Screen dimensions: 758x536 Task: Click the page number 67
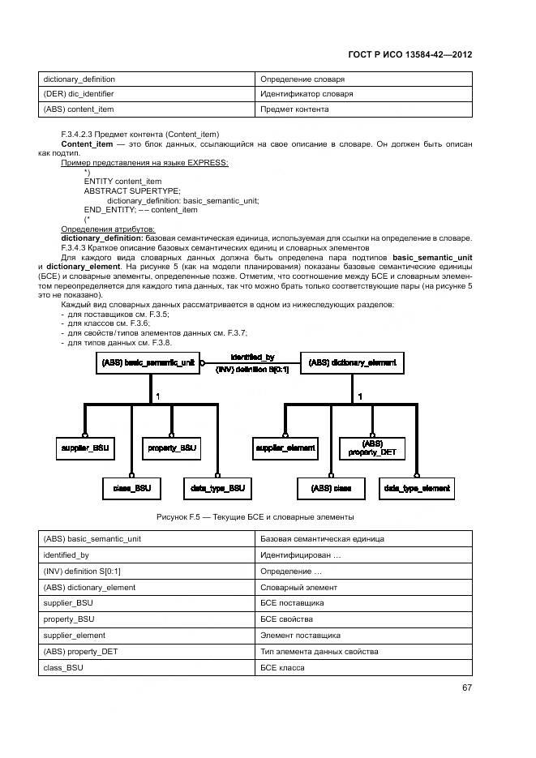(466, 688)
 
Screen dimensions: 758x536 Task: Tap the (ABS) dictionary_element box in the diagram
(352, 363)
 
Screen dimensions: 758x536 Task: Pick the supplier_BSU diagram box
(85, 448)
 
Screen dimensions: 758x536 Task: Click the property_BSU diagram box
(172, 448)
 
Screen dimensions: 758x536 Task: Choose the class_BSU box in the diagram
(131, 488)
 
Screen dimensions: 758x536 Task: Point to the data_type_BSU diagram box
(217, 488)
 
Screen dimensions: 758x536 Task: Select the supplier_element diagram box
(285, 448)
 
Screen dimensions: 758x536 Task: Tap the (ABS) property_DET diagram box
(372, 448)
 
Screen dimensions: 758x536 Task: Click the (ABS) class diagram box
(331, 488)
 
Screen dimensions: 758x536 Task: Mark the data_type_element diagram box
(417, 488)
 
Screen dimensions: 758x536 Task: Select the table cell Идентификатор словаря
(306, 94)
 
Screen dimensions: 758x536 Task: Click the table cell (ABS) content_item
(79, 109)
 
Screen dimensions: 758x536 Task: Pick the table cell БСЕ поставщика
(292, 603)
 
